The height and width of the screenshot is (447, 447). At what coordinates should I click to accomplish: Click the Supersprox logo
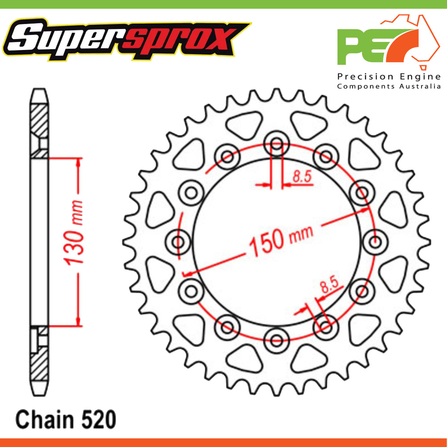(127, 39)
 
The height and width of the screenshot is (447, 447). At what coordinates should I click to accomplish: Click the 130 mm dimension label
(74, 232)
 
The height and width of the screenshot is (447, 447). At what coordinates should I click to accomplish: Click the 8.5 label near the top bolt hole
(302, 177)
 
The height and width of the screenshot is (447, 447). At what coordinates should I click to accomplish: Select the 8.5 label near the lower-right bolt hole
(329, 285)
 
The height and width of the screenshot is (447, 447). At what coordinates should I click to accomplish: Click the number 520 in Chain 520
(99, 420)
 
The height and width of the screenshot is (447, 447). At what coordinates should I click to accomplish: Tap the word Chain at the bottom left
(45, 420)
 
